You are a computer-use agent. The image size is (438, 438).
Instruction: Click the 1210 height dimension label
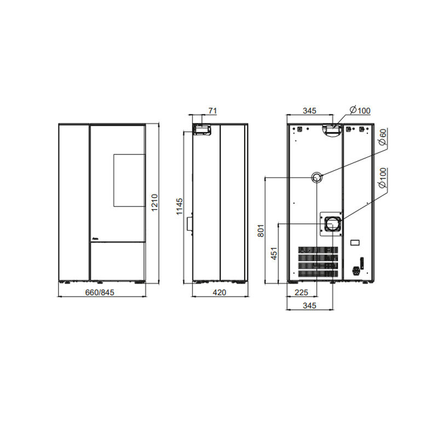pos(154,203)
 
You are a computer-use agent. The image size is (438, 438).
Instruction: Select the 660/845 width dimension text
pos(100,292)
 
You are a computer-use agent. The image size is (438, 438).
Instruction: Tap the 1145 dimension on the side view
pos(180,206)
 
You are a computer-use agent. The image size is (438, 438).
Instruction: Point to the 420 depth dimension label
pos(220,292)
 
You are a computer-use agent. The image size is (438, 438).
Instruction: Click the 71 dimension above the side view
pos(212,111)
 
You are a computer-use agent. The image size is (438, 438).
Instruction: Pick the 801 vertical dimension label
pos(261,230)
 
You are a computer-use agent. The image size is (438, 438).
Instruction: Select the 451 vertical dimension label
pos(274,253)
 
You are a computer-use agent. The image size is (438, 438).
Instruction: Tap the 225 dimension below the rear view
pos(301,292)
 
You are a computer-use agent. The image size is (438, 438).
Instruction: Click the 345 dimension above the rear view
pos(309,111)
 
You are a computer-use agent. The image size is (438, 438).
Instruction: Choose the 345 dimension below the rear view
pos(309,306)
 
